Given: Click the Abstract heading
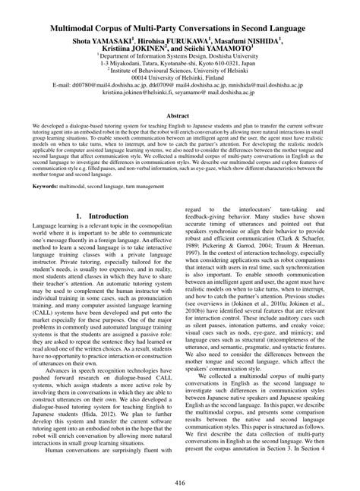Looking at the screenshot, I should tap(180, 115).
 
